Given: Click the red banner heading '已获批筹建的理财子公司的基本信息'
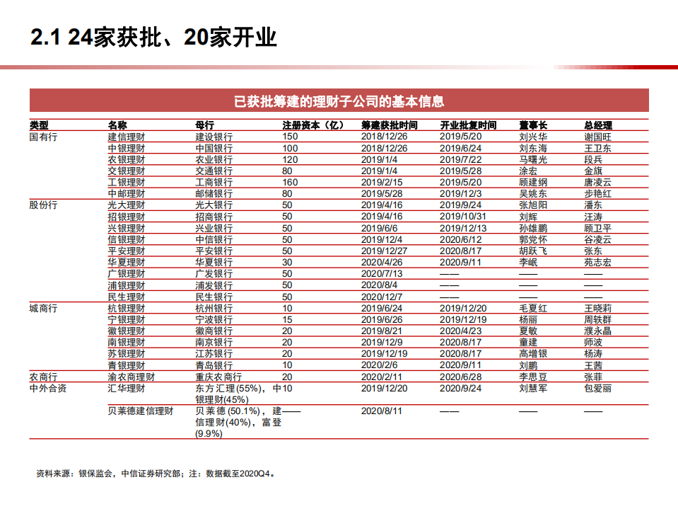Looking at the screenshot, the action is pos(339,101).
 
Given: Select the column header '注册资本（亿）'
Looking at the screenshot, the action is pos(312,125).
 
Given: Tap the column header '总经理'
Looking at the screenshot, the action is pos(597,125).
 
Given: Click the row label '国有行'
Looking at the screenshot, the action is pos(43,137).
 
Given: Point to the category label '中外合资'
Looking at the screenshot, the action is pos(48,388).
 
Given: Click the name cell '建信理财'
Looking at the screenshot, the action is pos(126,137).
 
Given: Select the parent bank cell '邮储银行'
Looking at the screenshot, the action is pos(214,193).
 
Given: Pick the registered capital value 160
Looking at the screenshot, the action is pos(290,182).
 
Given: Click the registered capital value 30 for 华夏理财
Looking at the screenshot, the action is pos(287,261).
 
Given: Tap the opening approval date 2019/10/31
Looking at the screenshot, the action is pos(463,216).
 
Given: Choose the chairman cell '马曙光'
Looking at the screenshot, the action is pos(532,159).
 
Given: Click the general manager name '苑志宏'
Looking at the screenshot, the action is pos(597,261).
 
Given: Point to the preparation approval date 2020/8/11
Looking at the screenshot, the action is pos(381,411).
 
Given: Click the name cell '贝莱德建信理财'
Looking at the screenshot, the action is pos(140,411).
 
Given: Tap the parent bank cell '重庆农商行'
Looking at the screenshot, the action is pos(218,377).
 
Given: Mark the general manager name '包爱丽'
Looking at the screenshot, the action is pos(597,388).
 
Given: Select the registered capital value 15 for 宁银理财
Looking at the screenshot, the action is pos(287,319).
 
